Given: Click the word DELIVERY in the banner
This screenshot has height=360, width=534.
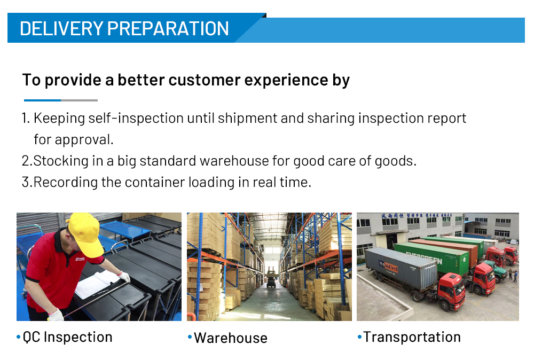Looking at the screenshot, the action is coord(61,29).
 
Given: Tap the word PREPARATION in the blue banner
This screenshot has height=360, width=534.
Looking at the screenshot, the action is coord(168,29).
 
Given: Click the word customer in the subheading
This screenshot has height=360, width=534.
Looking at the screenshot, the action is coord(204,80).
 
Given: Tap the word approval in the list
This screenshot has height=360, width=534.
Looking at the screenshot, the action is coord(84,140).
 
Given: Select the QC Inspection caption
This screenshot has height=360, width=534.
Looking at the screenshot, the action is coord(67,337).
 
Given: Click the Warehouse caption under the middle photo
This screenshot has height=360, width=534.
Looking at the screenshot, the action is coord(231,338).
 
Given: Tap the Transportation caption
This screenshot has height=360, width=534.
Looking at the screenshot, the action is coord(412,337).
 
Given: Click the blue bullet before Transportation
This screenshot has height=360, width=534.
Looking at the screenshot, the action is coord(359,337).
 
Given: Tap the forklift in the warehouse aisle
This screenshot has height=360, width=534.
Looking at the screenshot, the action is coord(271,278).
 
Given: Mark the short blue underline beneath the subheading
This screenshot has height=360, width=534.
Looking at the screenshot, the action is coord(42,100).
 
